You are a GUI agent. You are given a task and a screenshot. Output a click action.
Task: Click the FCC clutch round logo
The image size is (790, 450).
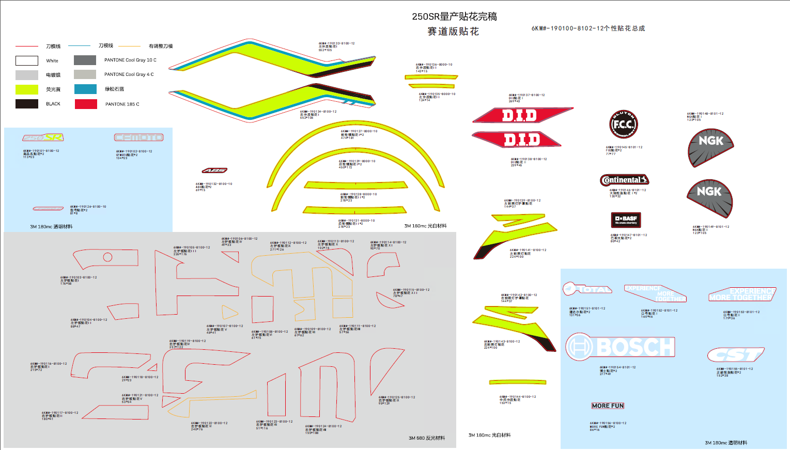(x=624, y=125)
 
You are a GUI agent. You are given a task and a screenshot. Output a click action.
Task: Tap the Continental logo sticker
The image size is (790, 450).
(x=624, y=180)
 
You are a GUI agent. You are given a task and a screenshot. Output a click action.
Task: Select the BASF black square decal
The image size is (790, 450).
(x=626, y=220)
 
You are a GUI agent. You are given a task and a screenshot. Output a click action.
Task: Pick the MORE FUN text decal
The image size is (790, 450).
(x=608, y=406)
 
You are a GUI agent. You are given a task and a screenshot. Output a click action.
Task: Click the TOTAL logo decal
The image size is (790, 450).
(x=587, y=289)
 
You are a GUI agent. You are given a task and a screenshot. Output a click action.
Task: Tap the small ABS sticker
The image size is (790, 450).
(x=214, y=170)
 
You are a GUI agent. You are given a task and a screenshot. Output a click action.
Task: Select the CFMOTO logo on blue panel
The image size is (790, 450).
(x=138, y=137)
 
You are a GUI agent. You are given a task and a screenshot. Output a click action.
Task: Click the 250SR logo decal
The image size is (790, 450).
(x=43, y=137)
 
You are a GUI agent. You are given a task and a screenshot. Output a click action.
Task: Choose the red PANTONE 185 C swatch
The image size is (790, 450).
(x=86, y=104)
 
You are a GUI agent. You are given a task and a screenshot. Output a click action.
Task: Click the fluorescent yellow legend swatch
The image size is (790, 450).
(x=27, y=89)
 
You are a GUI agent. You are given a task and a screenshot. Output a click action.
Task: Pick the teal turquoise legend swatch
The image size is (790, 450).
(x=85, y=89)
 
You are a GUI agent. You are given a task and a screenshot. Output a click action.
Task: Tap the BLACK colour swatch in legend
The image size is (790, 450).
(x=27, y=104)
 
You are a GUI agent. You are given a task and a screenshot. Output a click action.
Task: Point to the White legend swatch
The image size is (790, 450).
(x=27, y=60)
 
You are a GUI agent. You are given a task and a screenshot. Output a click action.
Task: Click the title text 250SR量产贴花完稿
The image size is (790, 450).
(x=454, y=17)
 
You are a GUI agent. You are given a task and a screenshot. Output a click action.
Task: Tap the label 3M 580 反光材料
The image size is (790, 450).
(x=427, y=438)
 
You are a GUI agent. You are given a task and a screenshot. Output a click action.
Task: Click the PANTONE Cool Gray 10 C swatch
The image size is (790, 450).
(x=85, y=60)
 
